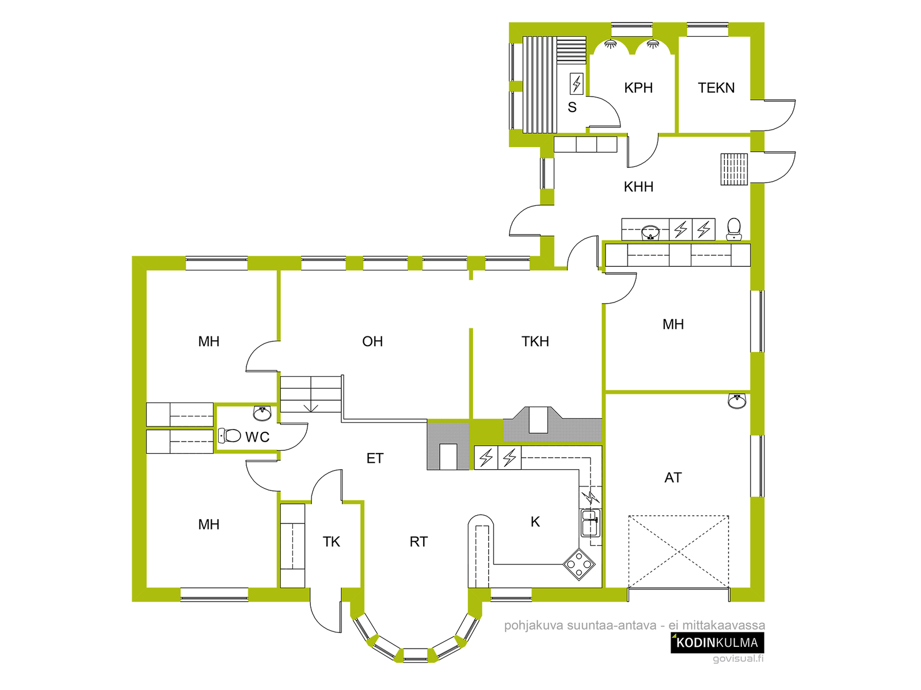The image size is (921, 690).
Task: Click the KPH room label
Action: click(x=638, y=87)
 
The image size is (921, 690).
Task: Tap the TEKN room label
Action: click(x=716, y=87)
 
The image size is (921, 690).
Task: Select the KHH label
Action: click(x=638, y=186)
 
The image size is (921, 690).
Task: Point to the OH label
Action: click(x=372, y=342)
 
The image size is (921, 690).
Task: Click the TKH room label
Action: click(x=535, y=342)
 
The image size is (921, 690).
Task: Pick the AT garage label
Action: click(x=673, y=478)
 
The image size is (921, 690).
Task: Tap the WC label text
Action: click(x=257, y=437)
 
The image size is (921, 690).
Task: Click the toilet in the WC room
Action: click(x=230, y=436)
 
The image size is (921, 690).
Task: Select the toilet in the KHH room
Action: click(x=733, y=229)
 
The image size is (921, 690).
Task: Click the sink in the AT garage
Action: click(x=737, y=401)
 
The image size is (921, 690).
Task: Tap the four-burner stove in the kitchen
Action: click(x=579, y=564)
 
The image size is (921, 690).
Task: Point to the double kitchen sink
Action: click(x=590, y=523)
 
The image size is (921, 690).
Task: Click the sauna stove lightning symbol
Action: click(x=576, y=84)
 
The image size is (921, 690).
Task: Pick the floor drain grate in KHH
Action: click(x=734, y=169)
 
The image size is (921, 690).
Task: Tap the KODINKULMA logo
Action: click(x=717, y=643)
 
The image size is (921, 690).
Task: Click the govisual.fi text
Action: click(x=738, y=658)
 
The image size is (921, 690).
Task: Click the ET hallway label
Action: click(x=375, y=458)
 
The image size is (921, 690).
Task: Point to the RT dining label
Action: click(x=418, y=542)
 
